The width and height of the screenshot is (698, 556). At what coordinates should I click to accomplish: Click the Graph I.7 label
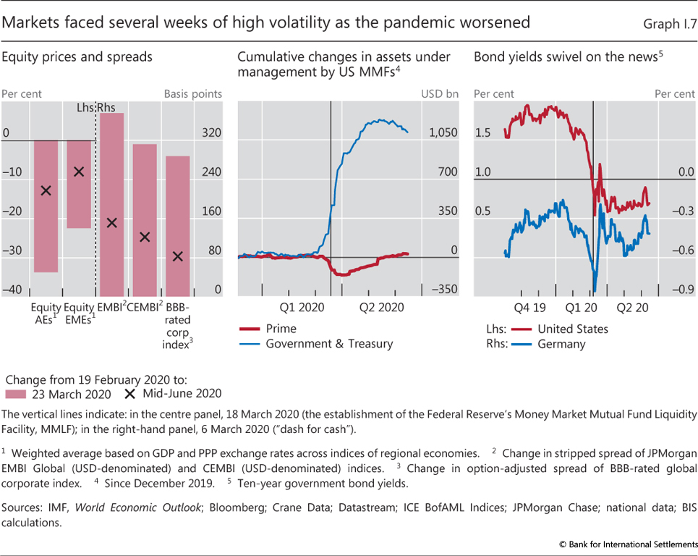668,24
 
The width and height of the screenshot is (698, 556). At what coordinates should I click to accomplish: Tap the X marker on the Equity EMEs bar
79,172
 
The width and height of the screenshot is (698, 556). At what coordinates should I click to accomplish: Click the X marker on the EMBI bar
111,222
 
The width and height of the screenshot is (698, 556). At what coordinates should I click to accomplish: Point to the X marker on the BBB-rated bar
178,256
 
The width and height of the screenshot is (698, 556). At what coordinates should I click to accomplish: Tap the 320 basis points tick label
211,133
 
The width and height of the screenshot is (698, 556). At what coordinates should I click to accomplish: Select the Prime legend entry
281,328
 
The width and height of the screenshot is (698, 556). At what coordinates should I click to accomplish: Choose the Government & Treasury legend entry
329,343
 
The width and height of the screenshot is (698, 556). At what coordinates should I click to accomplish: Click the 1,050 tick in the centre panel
443,133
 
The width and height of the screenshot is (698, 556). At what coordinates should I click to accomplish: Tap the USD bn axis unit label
440,93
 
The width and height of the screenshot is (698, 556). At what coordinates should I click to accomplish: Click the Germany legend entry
561,344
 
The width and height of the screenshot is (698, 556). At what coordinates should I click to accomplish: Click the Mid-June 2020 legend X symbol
130,394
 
